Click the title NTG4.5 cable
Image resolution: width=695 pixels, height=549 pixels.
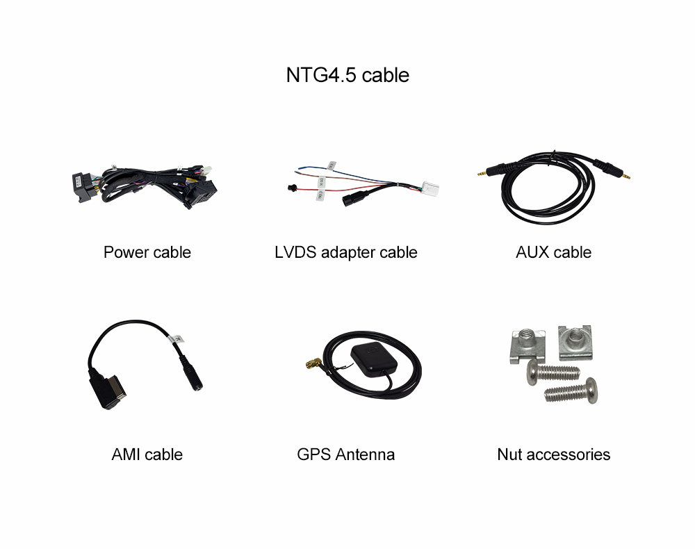point(347,75)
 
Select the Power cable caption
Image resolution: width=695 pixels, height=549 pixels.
point(147,252)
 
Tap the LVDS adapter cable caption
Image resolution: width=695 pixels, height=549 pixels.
point(345,252)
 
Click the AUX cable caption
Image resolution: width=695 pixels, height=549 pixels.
point(554,252)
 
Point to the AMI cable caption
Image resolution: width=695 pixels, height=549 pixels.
point(147,454)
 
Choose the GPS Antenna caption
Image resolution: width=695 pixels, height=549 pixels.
point(345,454)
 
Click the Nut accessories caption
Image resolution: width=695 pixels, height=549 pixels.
point(554,454)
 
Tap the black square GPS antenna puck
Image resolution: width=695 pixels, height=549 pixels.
point(374,359)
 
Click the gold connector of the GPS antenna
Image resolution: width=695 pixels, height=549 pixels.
point(314,363)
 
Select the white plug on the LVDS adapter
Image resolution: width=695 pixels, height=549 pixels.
point(430,189)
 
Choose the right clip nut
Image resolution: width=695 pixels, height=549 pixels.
point(575,342)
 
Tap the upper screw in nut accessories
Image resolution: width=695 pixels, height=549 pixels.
point(553,372)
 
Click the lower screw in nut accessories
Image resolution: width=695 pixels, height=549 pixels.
point(571,391)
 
